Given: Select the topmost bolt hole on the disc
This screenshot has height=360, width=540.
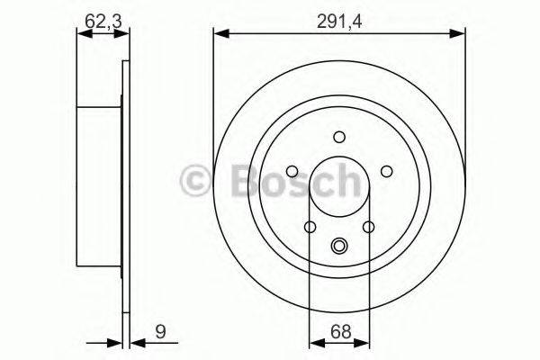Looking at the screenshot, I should [x=339, y=137].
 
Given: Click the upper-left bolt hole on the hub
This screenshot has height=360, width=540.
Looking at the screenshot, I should [x=293, y=171].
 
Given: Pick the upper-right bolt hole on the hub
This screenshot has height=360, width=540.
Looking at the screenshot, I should [x=385, y=171].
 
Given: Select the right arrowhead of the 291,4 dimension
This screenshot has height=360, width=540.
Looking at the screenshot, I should [x=460, y=35].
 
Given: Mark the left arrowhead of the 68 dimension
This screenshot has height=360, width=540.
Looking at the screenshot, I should [x=314, y=342].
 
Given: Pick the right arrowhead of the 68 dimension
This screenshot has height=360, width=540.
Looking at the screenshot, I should [x=364, y=342].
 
